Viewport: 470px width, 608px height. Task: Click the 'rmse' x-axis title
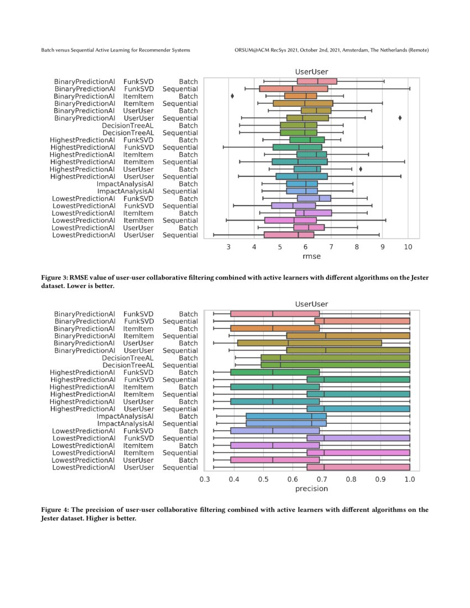(311, 256)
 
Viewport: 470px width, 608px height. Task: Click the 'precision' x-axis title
(311, 489)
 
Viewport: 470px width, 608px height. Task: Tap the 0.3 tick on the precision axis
(205, 479)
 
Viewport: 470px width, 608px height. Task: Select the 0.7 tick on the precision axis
(322, 479)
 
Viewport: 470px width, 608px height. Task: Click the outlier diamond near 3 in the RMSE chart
(232, 96)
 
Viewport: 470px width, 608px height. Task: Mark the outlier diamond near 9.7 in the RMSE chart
(400, 118)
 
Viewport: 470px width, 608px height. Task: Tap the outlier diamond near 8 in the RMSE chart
(361, 169)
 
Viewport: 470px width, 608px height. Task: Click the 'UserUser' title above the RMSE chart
(311, 71)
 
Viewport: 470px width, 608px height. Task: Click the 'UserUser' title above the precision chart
(311, 304)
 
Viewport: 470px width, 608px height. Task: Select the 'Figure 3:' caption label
(55, 277)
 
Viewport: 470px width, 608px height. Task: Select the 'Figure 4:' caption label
(55, 510)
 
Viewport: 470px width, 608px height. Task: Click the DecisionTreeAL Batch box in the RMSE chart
(299, 125)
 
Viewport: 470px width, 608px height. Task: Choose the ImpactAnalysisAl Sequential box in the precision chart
(286, 423)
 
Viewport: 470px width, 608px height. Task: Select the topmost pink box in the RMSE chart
(317, 81)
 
